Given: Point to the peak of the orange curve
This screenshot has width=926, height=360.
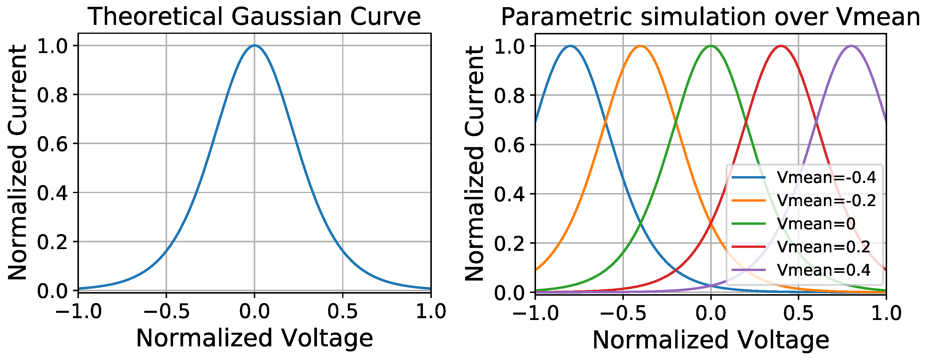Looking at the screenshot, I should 640,46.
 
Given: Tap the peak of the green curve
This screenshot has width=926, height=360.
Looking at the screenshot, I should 711,46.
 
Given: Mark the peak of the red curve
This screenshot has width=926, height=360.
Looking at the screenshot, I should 781,46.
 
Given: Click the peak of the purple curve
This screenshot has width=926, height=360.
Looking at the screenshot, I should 851,46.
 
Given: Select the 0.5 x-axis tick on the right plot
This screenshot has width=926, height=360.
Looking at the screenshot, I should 798,313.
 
